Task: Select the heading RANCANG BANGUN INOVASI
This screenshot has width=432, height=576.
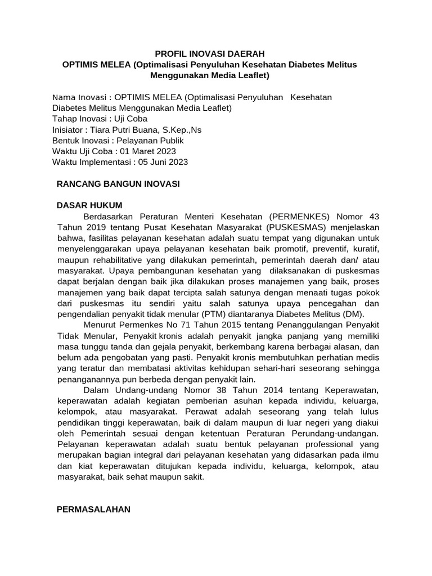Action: click(x=119, y=184)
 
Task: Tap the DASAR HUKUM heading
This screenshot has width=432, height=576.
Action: click(x=89, y=205)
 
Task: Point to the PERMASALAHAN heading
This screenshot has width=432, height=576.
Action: click(x=94, y=509)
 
